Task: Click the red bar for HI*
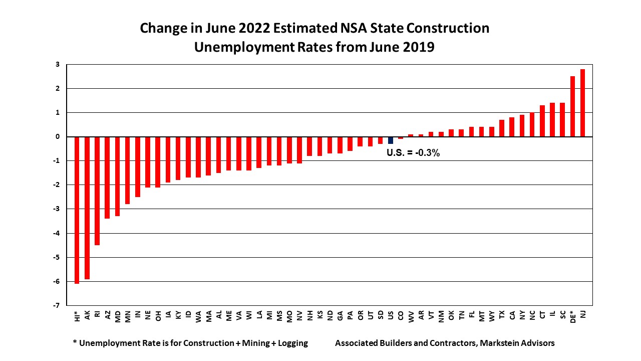pos(77,210)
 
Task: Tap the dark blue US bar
pos(391,140)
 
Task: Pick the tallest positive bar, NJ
pos(582,103)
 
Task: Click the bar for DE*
pos(572,106)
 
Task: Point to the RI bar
pos(97,191)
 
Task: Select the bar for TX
pos(502,128)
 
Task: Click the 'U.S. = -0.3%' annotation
pos(413,153)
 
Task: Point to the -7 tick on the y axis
pos(57,305)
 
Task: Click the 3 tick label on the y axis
pos(58,64)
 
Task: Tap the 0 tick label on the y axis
pos(58,137)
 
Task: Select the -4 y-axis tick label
pos(57,233)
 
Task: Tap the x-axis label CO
pos(401,315)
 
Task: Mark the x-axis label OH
pos(158,315)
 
